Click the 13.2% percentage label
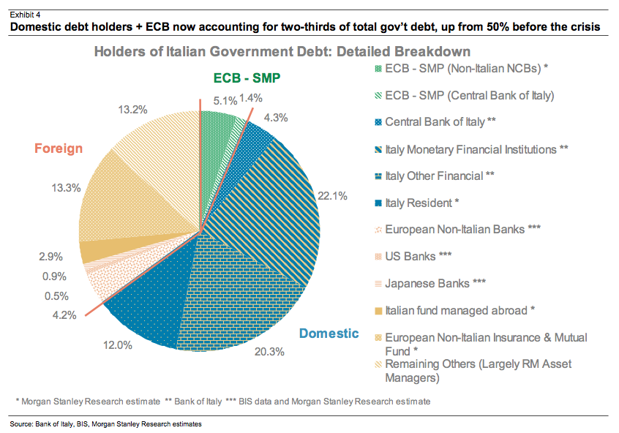[132, 110]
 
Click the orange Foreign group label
[59, 148]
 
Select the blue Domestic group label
[329, 334]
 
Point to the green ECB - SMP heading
[247, 78]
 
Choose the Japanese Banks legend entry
[431, 283]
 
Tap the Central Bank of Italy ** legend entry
[440, 122]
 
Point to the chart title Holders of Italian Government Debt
[282, 53]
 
